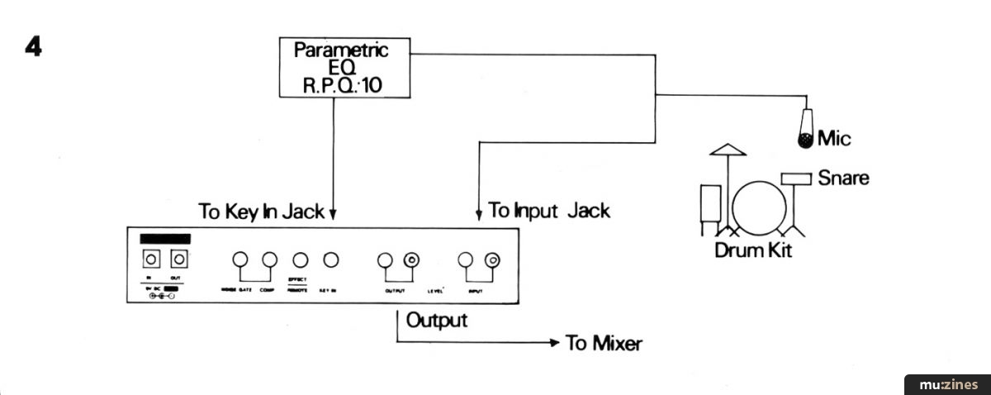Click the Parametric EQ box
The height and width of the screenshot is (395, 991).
click(341, 68)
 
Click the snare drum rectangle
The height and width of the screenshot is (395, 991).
click(796, 178)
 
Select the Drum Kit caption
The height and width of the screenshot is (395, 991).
click(752, 250)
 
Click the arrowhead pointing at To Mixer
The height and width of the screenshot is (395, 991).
click(555, 341)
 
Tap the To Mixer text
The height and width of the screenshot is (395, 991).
click(603, 343)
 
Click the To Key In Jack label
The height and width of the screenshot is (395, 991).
click(261, 211)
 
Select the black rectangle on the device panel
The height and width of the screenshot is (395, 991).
click(165, 239)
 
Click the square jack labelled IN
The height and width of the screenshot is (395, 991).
click(151, 259)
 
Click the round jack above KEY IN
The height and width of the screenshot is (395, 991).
click(330, 259)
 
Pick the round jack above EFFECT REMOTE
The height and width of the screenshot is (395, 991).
click(301, 259)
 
